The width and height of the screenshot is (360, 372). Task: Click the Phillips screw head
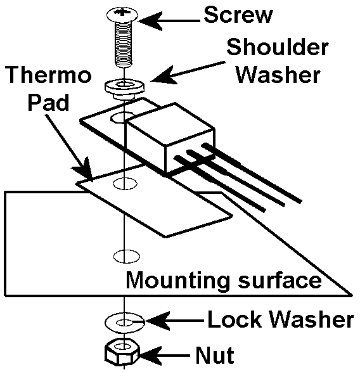[x=122, y=14]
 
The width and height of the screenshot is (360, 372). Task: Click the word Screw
[x=238, y=15]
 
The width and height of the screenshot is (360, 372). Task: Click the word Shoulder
[x=278, y=48]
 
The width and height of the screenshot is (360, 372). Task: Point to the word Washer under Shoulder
[x=278, y=75]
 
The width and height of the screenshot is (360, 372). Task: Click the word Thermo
[x=49, y=75]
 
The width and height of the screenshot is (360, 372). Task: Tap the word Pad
[x=48, y=103]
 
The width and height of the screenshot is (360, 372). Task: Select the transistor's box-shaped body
[x=170, y=137]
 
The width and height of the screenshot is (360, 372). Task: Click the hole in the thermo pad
[x=125, y=183]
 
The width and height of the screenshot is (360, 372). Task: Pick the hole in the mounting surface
[x=127, y=256]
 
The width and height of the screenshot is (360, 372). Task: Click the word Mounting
[x=177, y=280]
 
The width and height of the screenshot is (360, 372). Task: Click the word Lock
[x=237, y=319]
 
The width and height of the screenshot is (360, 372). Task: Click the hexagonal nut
[x=122, y=351]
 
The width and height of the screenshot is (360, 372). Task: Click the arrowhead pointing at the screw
[x=149, y=21]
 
